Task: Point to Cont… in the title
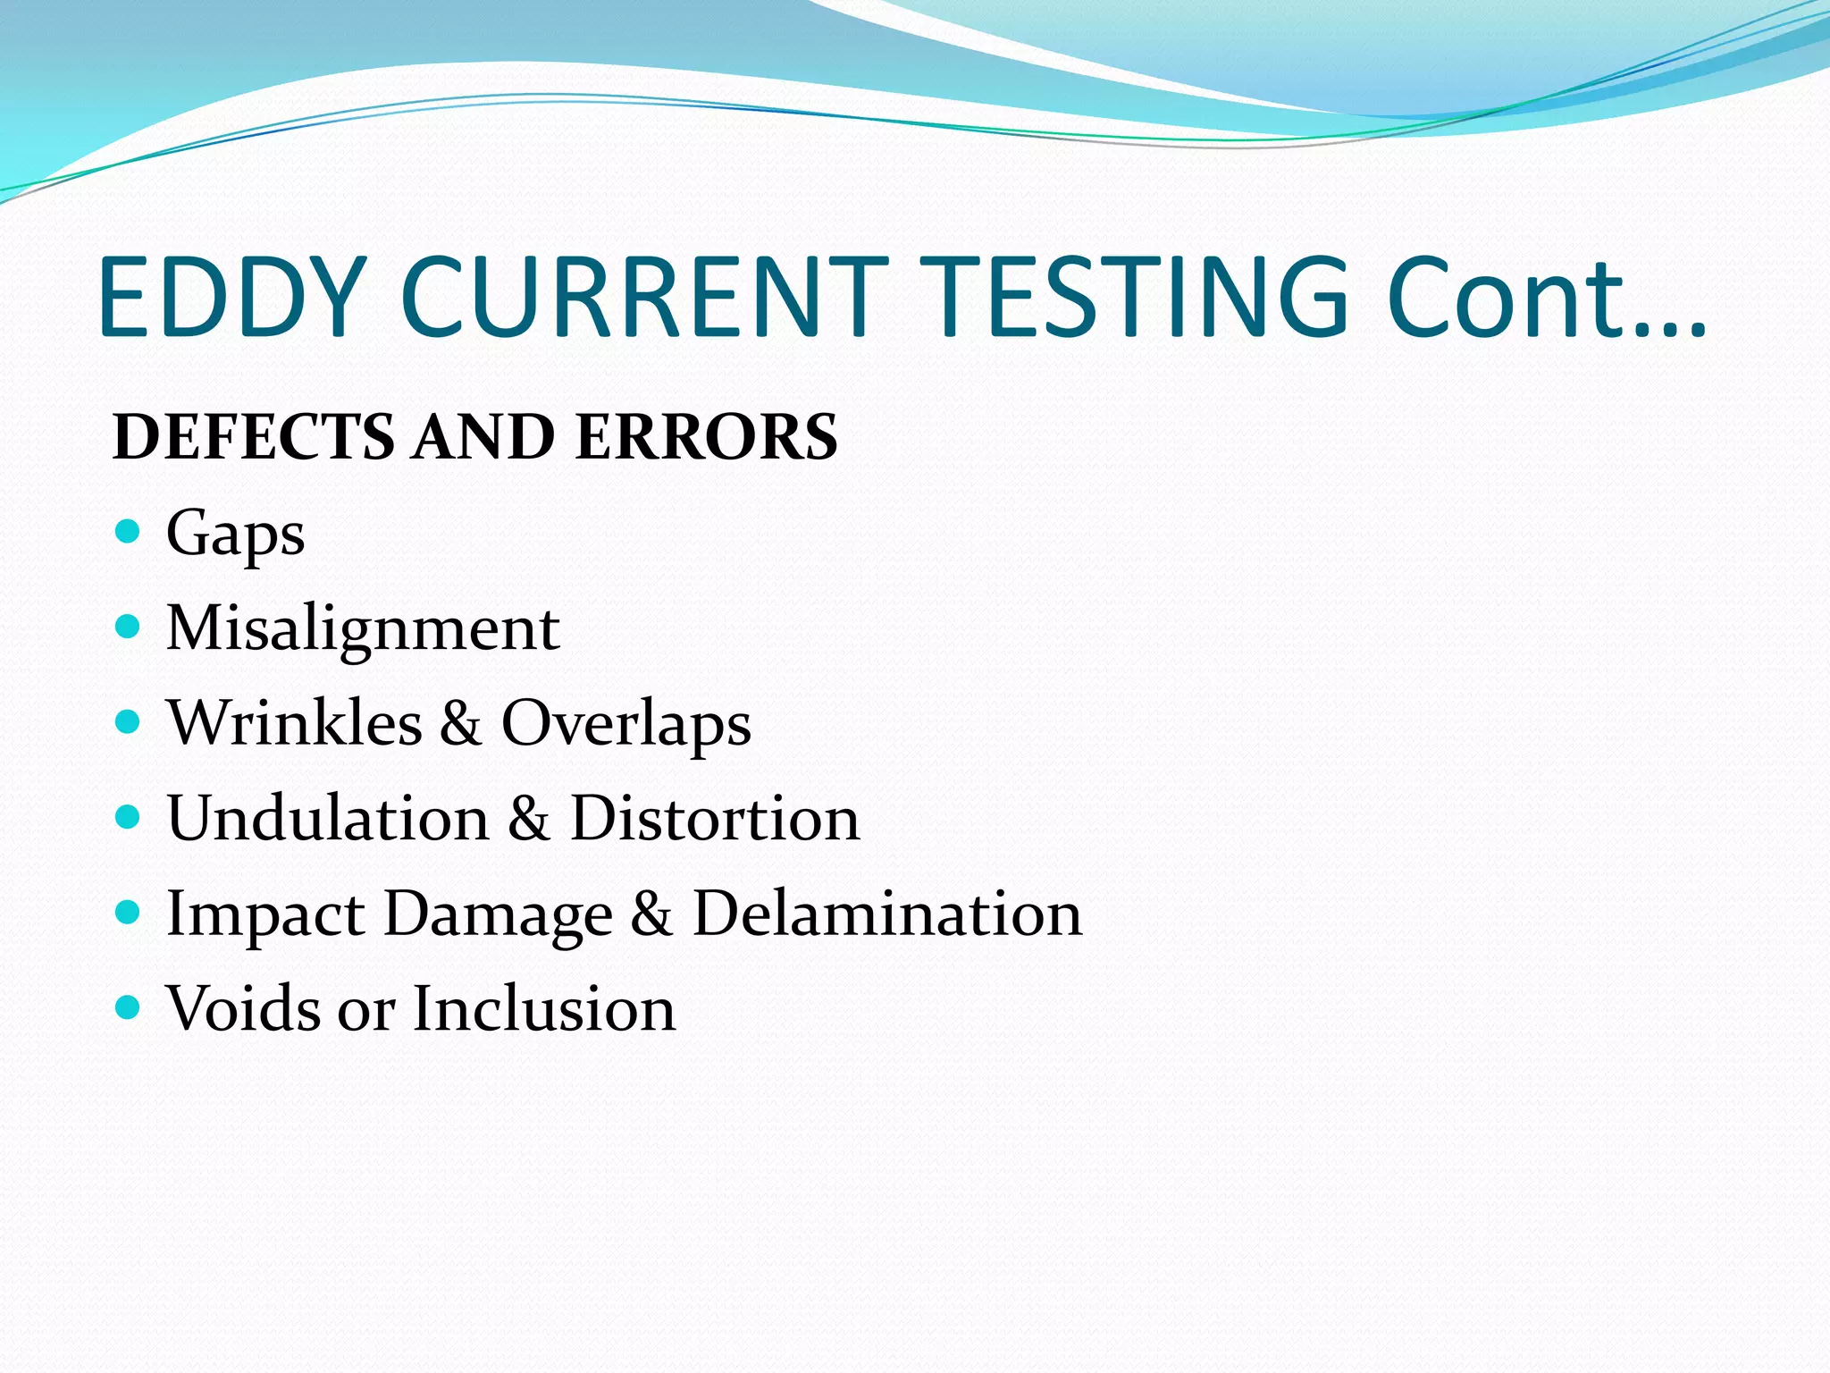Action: [1546, 299]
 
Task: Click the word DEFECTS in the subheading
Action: [254, 437]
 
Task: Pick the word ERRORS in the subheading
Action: [706, 437]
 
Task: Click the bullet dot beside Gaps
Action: [129, 532]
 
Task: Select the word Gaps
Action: [235, 535]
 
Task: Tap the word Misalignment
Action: [363, 629]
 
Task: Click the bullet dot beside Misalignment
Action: [129, 627]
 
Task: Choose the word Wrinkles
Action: [295, 722]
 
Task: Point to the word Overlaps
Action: [625, 724]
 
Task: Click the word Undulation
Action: [328, 818]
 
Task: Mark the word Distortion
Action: [715, 818]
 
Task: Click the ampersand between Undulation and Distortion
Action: [529, 820]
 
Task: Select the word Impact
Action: [265, 915]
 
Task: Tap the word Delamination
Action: [887, 914]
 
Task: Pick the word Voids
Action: [243, 1008]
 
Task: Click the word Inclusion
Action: [544, 1008]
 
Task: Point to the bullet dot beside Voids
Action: [129, 1007]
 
